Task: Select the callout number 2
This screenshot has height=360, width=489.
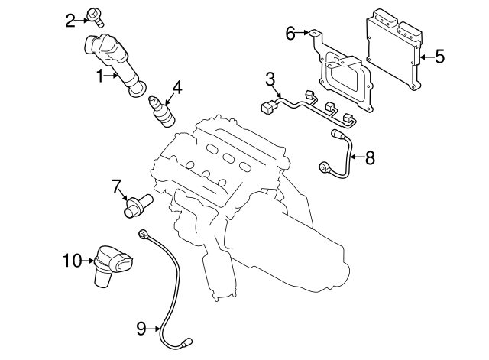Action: click(70, 19)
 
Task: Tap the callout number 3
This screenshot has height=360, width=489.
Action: click(270, 79)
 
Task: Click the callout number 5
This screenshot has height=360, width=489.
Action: click(439, 55)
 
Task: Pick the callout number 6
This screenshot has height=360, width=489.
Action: click(290, 33)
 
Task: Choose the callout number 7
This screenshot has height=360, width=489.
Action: click(117, 186)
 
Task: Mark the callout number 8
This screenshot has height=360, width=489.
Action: click(370, 158)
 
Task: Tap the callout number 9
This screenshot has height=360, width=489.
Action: click(141, 328)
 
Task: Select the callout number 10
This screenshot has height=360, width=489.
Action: click(71, 261)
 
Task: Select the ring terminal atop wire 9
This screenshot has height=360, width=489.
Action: click(143, 232)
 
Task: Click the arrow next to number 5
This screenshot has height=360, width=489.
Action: click(425, 55)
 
